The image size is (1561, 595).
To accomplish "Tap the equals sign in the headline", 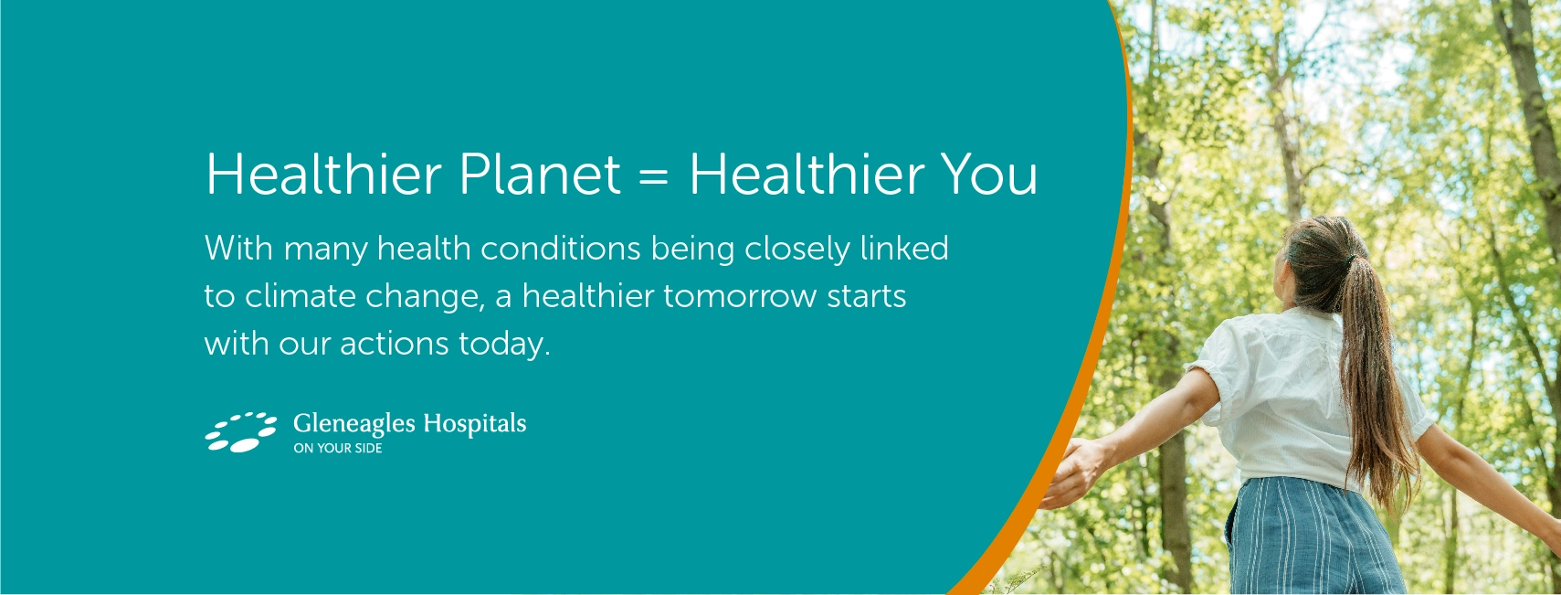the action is point(654,175).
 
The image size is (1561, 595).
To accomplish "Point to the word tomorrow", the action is point(739,296).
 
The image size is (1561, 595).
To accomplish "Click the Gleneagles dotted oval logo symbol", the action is point(240,431).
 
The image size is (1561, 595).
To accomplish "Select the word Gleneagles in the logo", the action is point(354,424).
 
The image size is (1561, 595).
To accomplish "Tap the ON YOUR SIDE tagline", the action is point(337,448).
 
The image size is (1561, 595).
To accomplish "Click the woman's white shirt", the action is point(1296,398).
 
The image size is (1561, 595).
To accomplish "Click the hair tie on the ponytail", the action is point(1351,260).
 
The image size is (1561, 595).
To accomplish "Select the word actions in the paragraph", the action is point(394,344).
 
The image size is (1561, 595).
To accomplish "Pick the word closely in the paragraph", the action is point(797,249).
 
